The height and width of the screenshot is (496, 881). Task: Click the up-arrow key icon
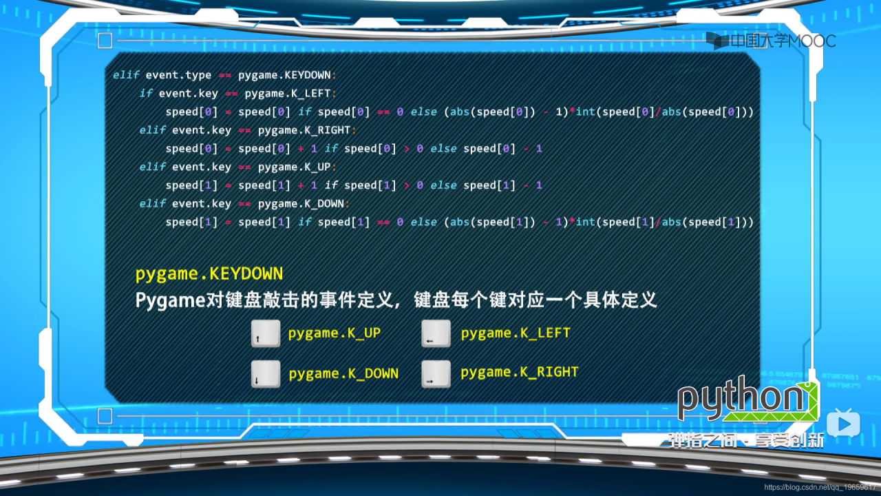(266, 333)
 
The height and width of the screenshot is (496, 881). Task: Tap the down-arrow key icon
(266, 374)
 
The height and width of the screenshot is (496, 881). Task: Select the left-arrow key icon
(436, 333)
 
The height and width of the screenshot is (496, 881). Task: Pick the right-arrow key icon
(436, 374)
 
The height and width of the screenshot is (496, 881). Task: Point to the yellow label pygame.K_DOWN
(343, 374)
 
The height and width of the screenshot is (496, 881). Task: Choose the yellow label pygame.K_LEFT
(516, 333)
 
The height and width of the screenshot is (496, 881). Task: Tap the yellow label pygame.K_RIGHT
(520, 373)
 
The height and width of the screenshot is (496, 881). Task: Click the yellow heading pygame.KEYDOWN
(209, 274)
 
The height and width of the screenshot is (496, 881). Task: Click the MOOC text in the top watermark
(813, 41)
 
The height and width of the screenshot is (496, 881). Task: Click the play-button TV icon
(843, 422)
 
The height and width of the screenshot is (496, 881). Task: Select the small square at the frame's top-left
(105, 41)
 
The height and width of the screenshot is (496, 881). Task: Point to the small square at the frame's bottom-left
(105, 416)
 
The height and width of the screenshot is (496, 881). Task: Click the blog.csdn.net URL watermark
(822, 488)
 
